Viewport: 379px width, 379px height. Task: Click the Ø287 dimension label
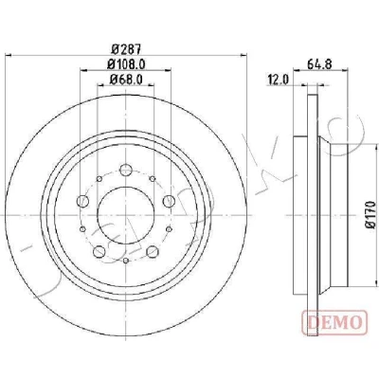[126, 49]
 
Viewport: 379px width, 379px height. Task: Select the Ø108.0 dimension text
[126, 64]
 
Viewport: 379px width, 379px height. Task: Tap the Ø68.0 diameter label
[126, 80]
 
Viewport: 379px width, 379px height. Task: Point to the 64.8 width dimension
[320, 64]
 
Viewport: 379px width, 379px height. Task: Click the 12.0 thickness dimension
[279, 81]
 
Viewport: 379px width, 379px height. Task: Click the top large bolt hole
[126, 170]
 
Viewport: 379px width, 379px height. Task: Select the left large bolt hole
[82, 201]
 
